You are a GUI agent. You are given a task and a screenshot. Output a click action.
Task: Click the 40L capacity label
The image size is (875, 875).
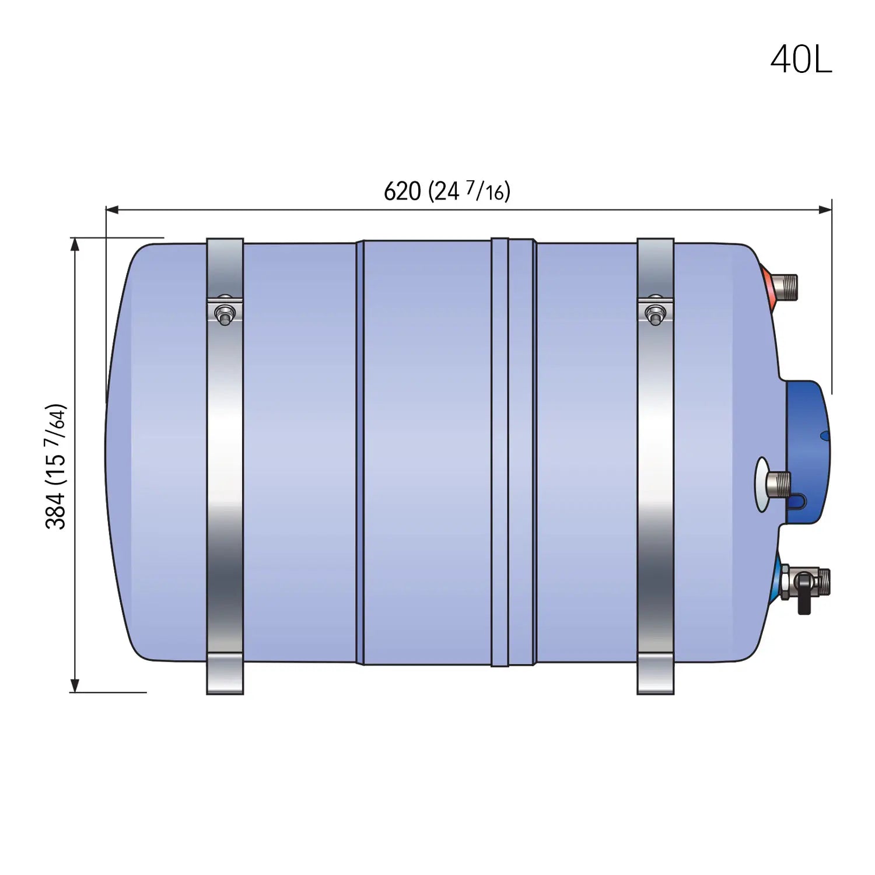coord(801,60)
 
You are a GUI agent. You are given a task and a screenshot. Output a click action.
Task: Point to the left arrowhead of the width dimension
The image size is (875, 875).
coord(112,209)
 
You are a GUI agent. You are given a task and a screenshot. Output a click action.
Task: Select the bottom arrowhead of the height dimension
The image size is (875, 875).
coord(75,686)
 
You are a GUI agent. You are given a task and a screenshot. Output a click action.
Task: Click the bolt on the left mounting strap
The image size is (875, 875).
coord(225,314)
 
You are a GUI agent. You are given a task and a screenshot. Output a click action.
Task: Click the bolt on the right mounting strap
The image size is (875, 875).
coord(655,314)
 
